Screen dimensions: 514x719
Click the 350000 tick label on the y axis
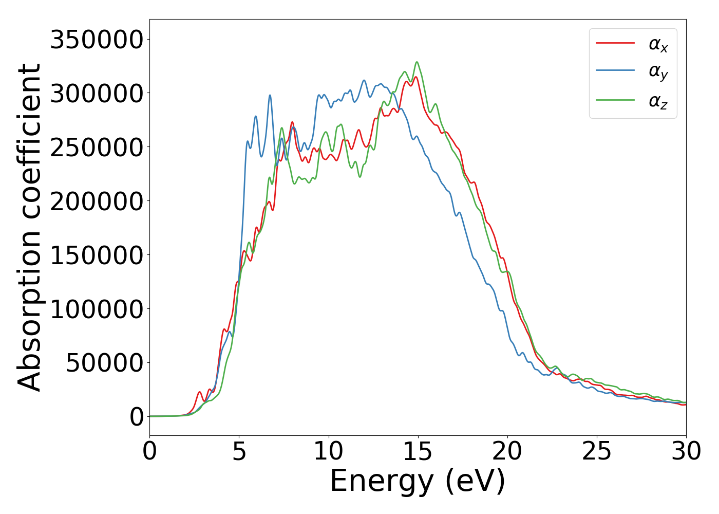click(x=96, y=40)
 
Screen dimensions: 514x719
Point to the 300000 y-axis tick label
click(x=96, y=94)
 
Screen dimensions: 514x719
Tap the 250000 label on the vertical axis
click(x=96, y=148)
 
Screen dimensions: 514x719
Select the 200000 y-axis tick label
click(x=96, y=201)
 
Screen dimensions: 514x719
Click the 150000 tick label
click(x=96, y=255)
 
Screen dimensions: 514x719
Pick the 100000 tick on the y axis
click(x=96, y=309)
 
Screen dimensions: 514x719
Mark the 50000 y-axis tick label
click(x=104, y=363)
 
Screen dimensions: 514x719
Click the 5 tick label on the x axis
click(x=239, y=451)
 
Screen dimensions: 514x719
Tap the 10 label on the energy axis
click(x=329, y=451)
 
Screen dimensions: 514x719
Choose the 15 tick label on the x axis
click(x=418, y=451)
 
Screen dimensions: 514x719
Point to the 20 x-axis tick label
click(x=507, y=451)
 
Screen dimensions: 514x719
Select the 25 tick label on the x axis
click(x=597, y=451)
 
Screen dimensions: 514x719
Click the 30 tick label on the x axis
click(x=686, y=451)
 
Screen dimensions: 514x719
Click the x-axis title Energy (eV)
click(x=418, y=482)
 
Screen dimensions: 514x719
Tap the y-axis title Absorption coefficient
click(x=29, y=228)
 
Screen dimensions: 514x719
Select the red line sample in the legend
click(x=615, y=43)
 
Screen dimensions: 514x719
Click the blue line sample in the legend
click(x=615, y=71)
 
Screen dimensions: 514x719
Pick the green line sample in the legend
click(x=615, y=100)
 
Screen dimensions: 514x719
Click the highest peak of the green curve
click(x=417, y=62)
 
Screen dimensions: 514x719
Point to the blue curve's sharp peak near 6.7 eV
click(x=270, y=95)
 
